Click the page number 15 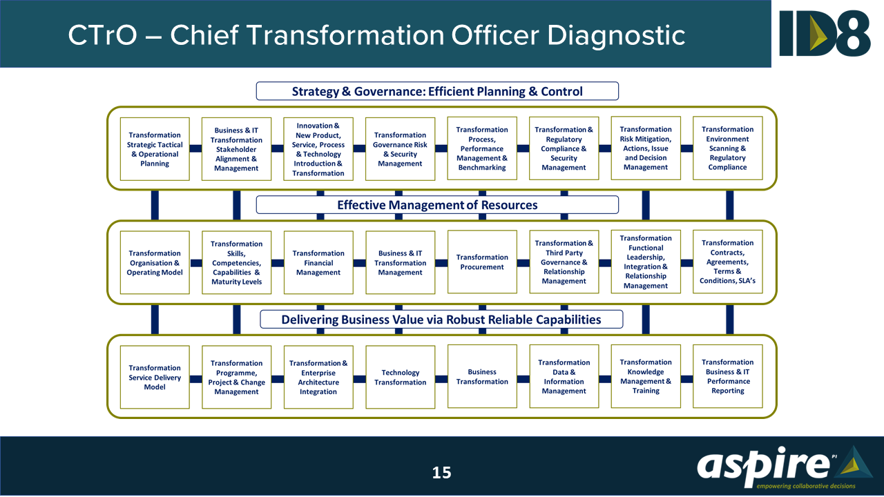coord(441,473)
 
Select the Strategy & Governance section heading coord(437,91)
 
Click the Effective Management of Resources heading coord(437,205)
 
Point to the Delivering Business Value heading coord(441,320)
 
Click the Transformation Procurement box coord(482,262)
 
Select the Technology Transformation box coord(400,378)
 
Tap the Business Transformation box coord(482,377)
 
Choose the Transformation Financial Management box coord(318,263)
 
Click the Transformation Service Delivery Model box coord(155,378)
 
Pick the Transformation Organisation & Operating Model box coord(155,263)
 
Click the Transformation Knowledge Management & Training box coord(646,377)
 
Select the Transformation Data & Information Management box coord(564,377)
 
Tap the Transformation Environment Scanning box coord(727,148)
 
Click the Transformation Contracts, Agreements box coord(727,262)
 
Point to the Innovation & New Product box coord(318,149)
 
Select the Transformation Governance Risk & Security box coord(400,149)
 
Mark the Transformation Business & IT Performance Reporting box coord(727,377)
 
